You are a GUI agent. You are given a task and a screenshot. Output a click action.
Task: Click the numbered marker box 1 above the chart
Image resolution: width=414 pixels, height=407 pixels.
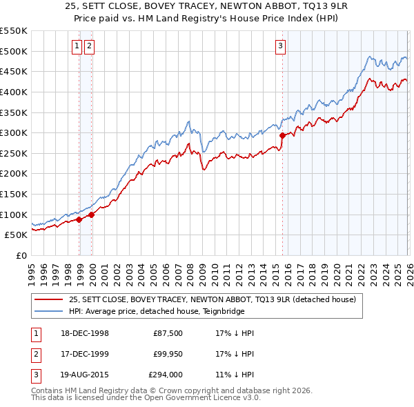coord(78,46)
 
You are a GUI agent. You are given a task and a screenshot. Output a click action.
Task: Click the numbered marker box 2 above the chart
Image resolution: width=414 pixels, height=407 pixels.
coord(90,46)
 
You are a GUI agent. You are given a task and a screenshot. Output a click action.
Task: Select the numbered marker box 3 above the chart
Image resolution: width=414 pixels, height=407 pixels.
coord(281,46)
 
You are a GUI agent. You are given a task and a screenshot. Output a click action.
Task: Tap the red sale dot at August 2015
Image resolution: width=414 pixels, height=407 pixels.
coord(282,136)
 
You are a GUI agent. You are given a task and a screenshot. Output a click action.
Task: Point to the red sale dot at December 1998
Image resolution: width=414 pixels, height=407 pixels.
coord(79,219)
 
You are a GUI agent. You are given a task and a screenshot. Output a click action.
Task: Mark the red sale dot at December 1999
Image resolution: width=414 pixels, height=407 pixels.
coord(91,215)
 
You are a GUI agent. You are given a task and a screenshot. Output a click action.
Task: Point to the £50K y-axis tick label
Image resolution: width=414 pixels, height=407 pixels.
coord(16,235)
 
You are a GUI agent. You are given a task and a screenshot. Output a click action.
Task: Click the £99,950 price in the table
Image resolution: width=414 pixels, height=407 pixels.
coord(167,355)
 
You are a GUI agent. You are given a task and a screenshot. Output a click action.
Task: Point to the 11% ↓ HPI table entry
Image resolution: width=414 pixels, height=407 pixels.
coord(235,376)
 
